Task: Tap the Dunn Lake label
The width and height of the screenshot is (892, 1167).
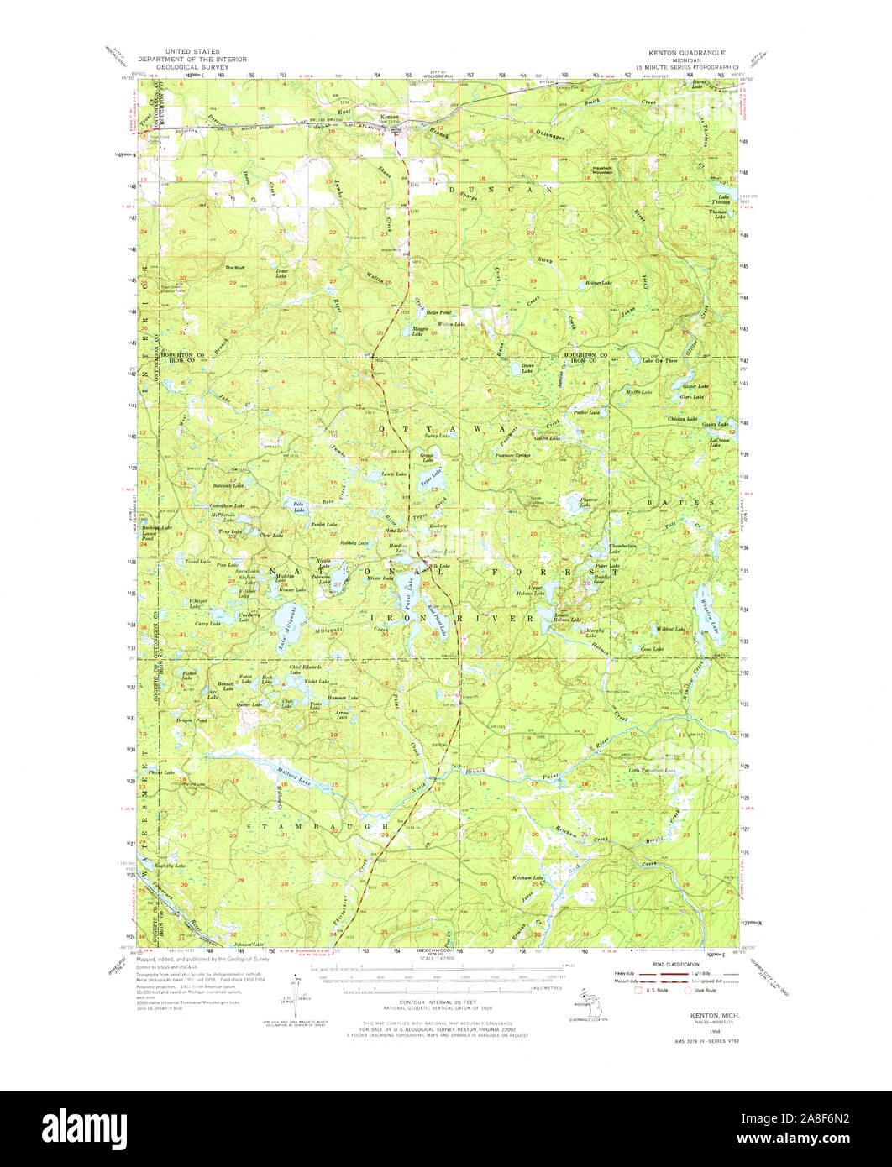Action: pos(527,369)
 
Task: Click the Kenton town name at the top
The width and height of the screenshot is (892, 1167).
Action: pos(390,117)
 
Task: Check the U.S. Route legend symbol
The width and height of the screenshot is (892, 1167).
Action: pos(639,990)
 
